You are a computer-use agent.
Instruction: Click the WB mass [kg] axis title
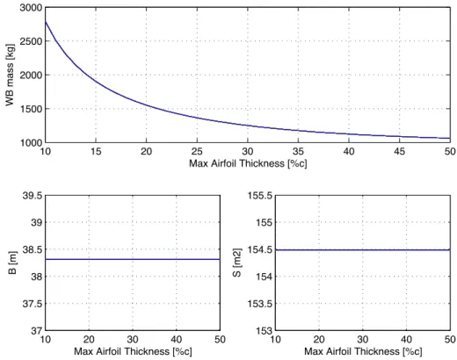(x=10, y=76)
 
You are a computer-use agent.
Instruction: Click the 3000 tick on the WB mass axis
(x=31, y=8)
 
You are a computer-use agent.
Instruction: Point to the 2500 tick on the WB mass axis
(x=31, y=41)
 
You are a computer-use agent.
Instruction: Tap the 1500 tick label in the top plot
(x=31, y=109)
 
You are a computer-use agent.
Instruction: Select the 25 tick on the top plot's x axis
(x=197, y=151)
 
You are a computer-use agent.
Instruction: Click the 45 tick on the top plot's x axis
(x=399, y=151)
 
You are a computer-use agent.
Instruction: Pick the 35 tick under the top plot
(x=298, y=151)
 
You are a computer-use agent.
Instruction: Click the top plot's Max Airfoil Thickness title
(x=248, y=163)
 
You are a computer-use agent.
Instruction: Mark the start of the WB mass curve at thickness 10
(x=46, y=21)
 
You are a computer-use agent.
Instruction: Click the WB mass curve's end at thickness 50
(x=450, y=138)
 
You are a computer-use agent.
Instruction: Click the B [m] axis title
(x=13, y=263)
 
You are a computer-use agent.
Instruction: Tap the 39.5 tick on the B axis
(x=33, y=196)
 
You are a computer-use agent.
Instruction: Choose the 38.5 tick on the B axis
(x=33, y=249)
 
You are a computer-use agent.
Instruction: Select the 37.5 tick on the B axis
(x=33, y=304)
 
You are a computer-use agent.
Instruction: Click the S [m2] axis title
(x=237, y=263)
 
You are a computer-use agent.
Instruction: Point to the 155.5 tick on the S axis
(x=260, y=196)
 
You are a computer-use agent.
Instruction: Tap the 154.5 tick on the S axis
(x=260, y=249)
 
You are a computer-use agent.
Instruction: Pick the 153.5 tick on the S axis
(x=260, y=304)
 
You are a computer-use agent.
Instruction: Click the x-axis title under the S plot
(x=363, y=351)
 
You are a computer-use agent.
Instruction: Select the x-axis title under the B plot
(x=133, y=351)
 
